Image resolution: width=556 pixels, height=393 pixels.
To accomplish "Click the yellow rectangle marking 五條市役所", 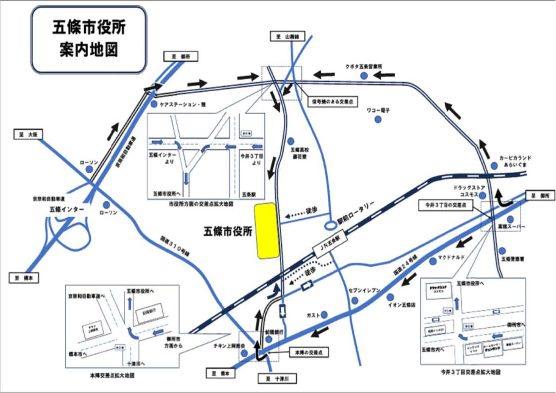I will tap(266, 230).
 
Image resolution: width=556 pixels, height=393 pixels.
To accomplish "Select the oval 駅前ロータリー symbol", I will tap(330, 225).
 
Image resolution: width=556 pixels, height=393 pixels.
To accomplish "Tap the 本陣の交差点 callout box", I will tap(308, 351).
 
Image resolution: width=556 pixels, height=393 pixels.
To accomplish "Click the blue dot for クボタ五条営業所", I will tap(364, 76).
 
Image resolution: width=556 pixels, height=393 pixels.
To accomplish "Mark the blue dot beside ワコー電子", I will tap(378, 120).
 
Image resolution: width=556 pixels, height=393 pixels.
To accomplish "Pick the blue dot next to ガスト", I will tap(324, 315).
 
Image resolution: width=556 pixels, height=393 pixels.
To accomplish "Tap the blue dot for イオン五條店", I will tap(390, 297).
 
